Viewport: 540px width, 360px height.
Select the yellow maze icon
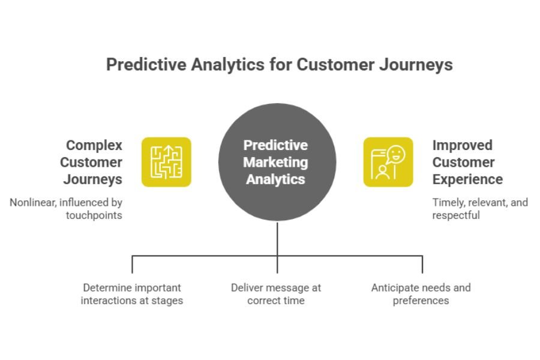(166, 162)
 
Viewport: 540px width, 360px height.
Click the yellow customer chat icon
(388, 162)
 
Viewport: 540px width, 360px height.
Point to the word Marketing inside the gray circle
(275, 162)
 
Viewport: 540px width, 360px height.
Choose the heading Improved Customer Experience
(467, 162)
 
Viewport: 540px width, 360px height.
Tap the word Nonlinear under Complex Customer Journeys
(33, 203)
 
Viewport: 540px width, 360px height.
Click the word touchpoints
(94, 215)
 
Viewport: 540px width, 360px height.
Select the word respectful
(456, 215)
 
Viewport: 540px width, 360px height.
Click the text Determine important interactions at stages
(132, 294)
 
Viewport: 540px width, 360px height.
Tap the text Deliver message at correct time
(276, 294)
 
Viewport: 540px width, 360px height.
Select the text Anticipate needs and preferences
(421, 294)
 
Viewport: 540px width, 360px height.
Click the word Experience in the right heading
(467, 179)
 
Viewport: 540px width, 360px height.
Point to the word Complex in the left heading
(94, 145)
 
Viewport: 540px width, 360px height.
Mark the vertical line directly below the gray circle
(277, 240)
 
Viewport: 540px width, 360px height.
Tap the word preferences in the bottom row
(421, 301)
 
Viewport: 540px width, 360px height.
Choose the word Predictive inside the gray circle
(275, 145)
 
